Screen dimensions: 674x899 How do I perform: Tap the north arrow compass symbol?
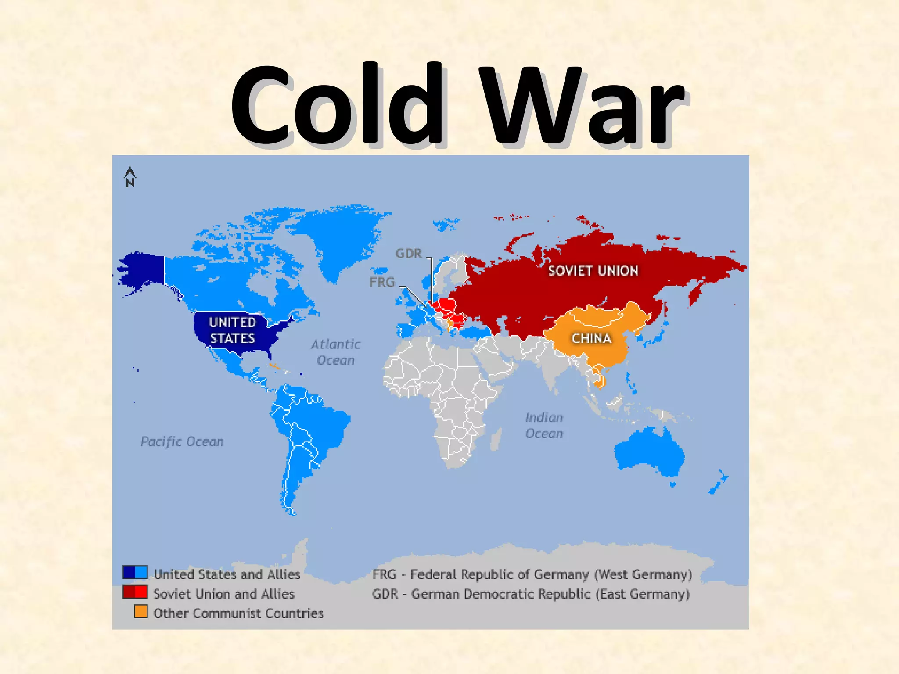click(x=130, y=177)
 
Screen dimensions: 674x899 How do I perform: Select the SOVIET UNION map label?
click(x=593, y=271)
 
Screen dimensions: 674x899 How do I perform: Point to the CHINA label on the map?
click(x=591, y=338)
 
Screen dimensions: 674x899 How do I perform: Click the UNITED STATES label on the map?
click(x=232, y=330)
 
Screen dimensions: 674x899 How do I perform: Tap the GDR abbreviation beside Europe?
click(x=408, y=254)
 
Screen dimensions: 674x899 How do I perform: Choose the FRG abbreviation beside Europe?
click(x=382, y=282)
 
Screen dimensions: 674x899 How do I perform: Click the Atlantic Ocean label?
click(x=336, y=352)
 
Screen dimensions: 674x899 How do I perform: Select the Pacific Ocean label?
click(x=182, y=441)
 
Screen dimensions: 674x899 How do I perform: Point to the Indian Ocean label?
click(x=544, y=425)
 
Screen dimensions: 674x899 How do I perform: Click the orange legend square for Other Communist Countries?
click(x=140, y=611)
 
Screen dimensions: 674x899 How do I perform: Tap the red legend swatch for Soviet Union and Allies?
click(x=135, y=592)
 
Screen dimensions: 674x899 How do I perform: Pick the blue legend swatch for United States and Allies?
click(x=135, y=573)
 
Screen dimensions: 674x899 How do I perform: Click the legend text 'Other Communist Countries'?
click(x=238, y=613)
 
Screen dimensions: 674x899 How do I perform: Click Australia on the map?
click(x=650, y=452)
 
